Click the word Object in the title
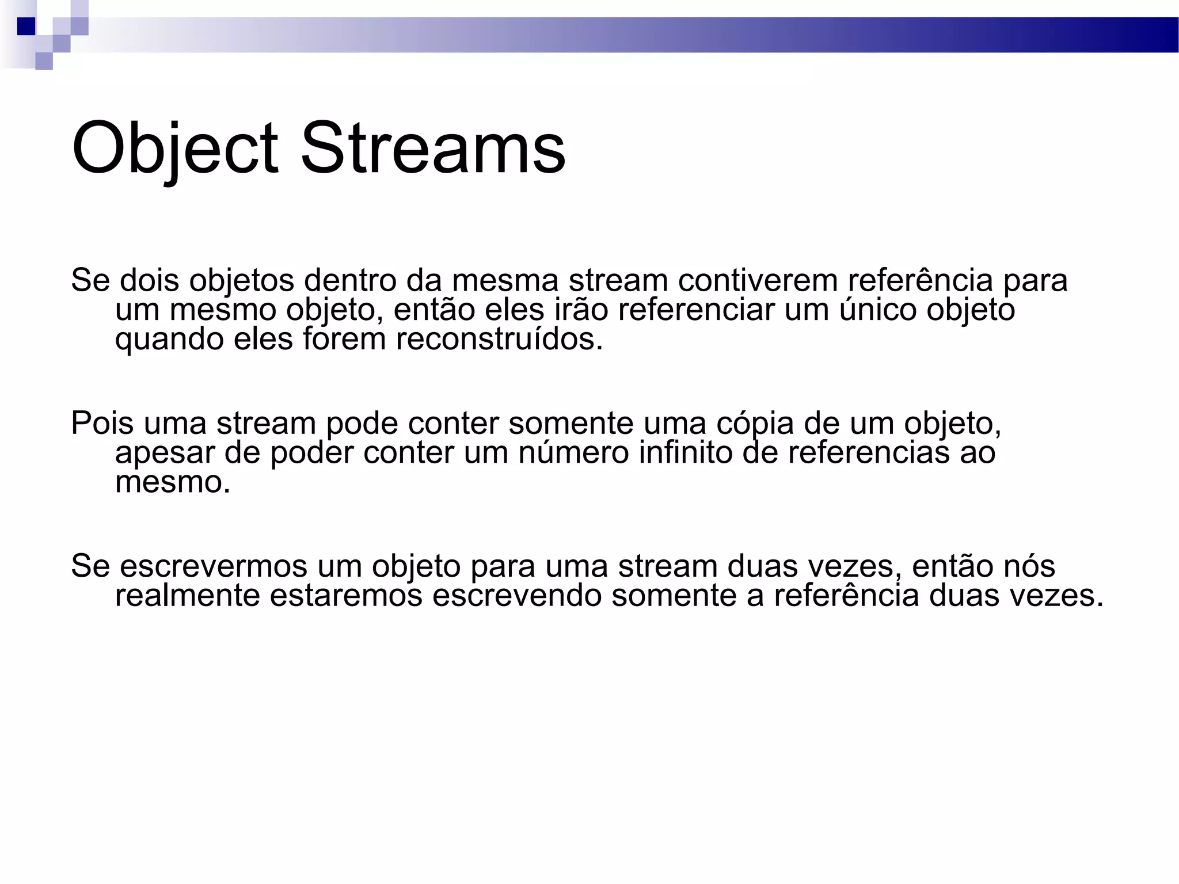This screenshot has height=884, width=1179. click(174, 148)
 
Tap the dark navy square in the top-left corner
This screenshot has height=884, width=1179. click(26, 26)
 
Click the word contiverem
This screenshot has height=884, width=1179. click(757, 280)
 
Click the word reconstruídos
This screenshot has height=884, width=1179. click(499, 339)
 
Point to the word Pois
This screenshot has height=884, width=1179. click(102, 423)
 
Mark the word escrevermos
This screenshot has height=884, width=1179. click(214, 566)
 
